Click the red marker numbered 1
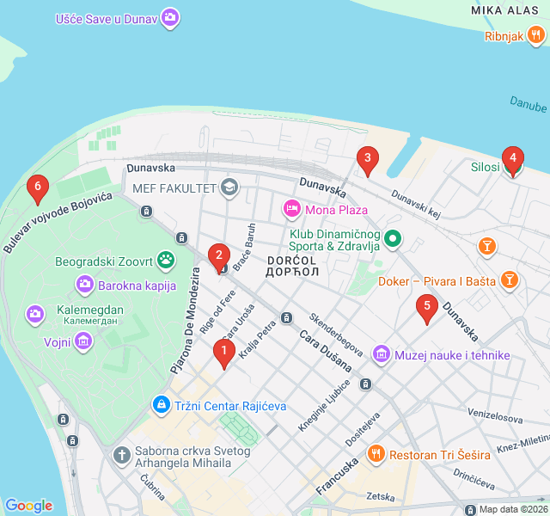(x=224, y=352)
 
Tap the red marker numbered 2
(x=219, y=256)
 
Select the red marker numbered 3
(x=368, y=159)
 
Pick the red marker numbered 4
(x=512, y=159)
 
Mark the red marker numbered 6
(x=36, y=187)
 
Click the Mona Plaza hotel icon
(x=292, y=209)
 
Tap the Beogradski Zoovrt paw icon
(x=165, y=260)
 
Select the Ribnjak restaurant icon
(x=536, y=35)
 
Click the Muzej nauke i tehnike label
(x=453, y=354)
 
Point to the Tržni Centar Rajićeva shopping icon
(x=161, y=403)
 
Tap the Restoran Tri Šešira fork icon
(x=375, y=453)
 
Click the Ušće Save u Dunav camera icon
(x=170, y=17)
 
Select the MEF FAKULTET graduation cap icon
(x=229, y=187)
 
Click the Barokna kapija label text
(x=137, y=286)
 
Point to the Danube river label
(x=528, y=105)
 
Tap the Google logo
(x=28, y=506)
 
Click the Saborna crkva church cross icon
(x=122, y=453)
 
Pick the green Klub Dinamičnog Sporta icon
(x=393, y=238)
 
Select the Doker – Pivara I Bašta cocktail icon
(x=510, y=279)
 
